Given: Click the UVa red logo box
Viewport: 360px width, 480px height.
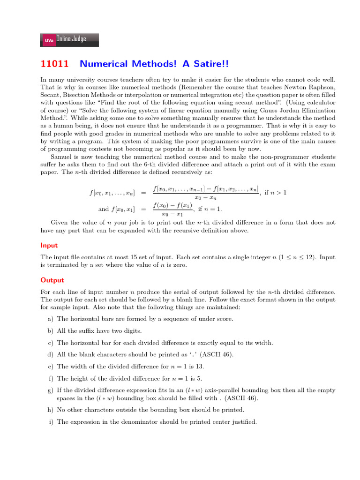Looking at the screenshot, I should point(48,41).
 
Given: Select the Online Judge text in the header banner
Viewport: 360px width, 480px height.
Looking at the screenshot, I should point(71,39).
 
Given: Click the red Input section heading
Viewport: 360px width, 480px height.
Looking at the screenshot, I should point(49,245).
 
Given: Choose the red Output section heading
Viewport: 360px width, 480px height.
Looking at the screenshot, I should point(52,280).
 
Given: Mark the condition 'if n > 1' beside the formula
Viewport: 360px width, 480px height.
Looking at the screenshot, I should point(276,193).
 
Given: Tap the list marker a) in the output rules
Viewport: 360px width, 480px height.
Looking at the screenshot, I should point(50,319).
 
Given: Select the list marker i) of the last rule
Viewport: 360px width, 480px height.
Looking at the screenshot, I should point(51,422).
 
